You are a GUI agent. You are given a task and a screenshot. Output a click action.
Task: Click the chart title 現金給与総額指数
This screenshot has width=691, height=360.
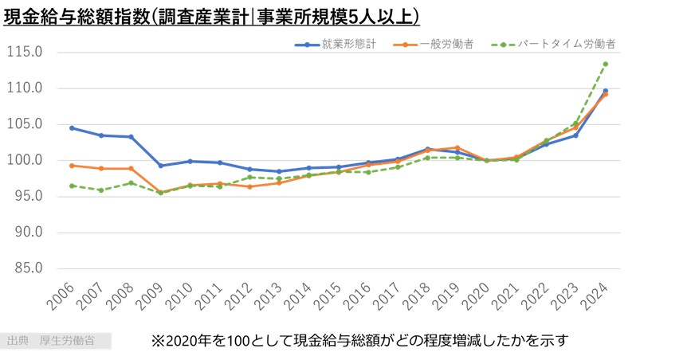212,16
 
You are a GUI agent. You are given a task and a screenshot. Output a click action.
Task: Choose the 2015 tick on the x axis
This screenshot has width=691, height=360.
332,297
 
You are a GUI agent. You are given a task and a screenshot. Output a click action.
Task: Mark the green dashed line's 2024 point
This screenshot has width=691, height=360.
606,64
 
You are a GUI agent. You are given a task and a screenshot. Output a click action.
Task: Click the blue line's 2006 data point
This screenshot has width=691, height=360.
72,127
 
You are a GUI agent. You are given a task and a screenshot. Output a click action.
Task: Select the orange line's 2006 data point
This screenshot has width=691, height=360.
72,166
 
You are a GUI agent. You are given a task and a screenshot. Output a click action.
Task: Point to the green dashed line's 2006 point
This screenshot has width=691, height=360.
72,186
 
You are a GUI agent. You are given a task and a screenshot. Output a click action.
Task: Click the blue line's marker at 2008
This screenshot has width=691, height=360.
131,137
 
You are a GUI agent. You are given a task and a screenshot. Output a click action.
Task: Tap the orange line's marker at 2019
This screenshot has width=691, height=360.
457,147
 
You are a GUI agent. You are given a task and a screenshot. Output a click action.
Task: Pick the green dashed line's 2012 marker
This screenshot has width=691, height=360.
249,178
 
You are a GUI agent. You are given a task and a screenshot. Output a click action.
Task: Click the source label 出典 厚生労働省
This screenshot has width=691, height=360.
50,341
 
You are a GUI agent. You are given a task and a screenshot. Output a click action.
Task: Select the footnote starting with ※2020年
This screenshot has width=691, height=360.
359,341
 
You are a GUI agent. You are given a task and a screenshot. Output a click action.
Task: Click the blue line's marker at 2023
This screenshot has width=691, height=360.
575,135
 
